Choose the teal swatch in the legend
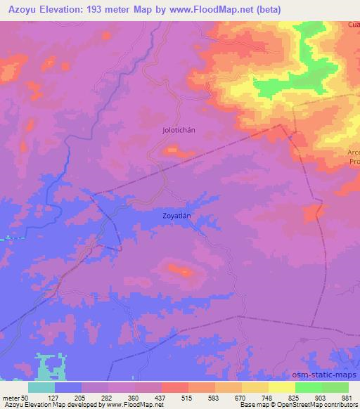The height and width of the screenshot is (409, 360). tap(41, 387)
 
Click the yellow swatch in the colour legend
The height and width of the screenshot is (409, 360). tap(281, 387)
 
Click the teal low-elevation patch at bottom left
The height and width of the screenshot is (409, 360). tap(49, 365)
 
